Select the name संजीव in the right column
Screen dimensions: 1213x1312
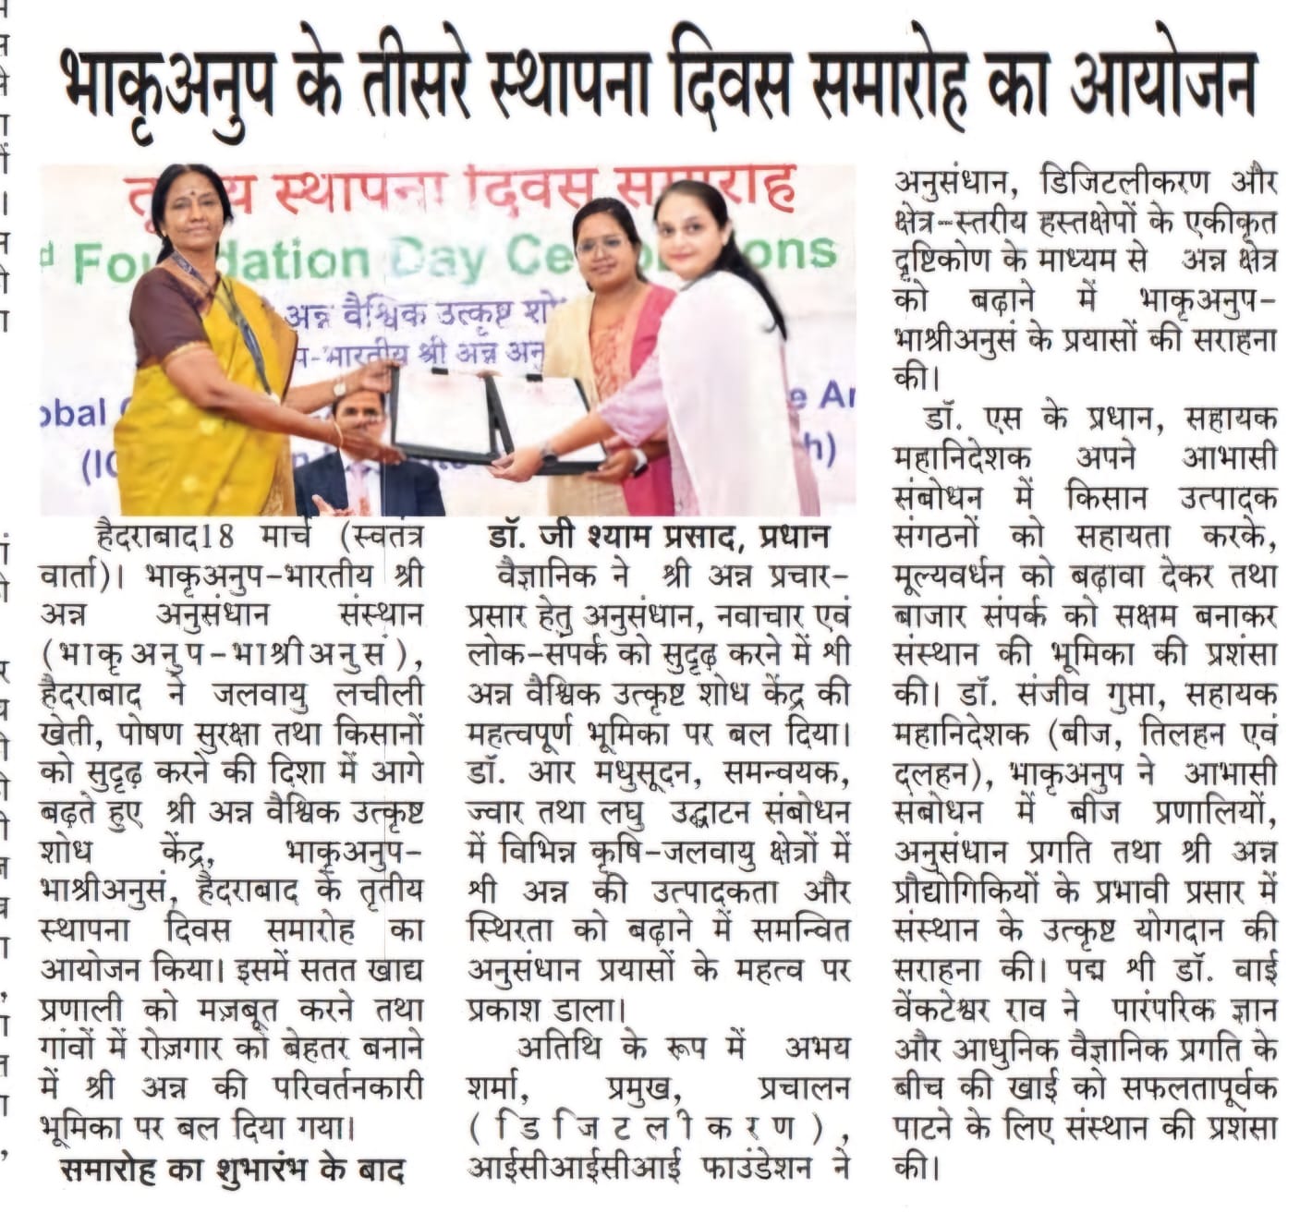pyautogui.click(x=1087, y=693)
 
